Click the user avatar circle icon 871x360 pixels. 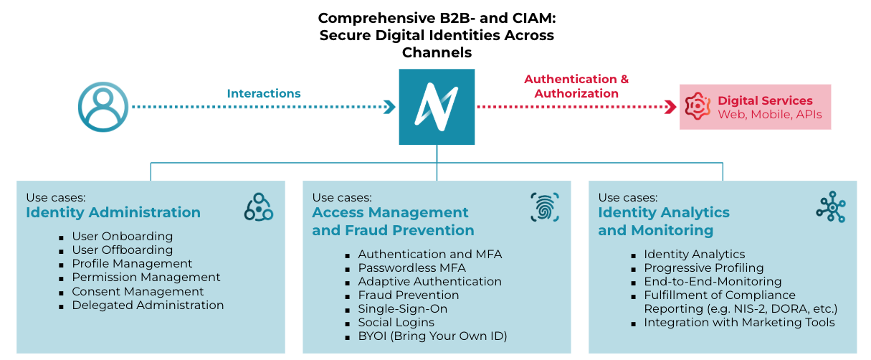pyautogui.click(x=103, y=108)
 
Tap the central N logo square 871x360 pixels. pyautogui.click(x=437, y=107)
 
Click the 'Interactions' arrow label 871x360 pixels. pyautogui.click(x=264, y=94)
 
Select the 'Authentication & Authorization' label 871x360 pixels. pyautogui.click(x=576, y=86)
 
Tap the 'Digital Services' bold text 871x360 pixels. pyautogui.click(x=765, y=100)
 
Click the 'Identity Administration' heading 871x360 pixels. pyautogui.click(x=113, y=212)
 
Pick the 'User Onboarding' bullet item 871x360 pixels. pyautogui.click(x=123, y=236)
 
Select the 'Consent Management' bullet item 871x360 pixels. pyautogui.click(x=138, y=291)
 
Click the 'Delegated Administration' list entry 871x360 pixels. pyautogui.click(x=148, y=305)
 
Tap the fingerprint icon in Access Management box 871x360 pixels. pyautogui.click(x=545, y=207)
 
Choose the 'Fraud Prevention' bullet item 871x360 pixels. pyautogui.click(x=409, y=295)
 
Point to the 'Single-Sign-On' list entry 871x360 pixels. pyautogui.click(x=402, y=308)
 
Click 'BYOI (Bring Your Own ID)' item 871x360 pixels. pyautogui.click(x=432, y=336)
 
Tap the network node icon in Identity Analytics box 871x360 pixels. pyautogui.click(x=831, y=207)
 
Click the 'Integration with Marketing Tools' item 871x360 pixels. pyautogui.click(x=739, y=322)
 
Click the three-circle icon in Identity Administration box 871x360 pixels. pyautogui.click(x=259, y=207)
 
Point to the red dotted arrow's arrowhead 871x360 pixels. pyautogui.click(x=671, y=107)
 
